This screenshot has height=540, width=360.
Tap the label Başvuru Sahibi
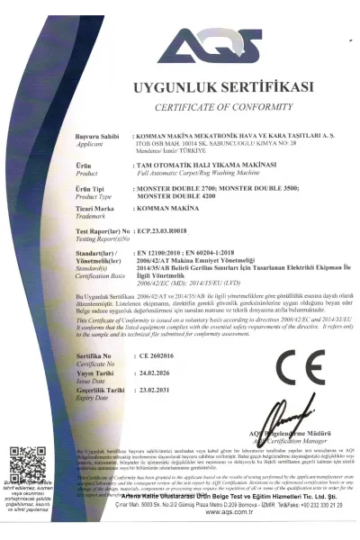tap(98, 135)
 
